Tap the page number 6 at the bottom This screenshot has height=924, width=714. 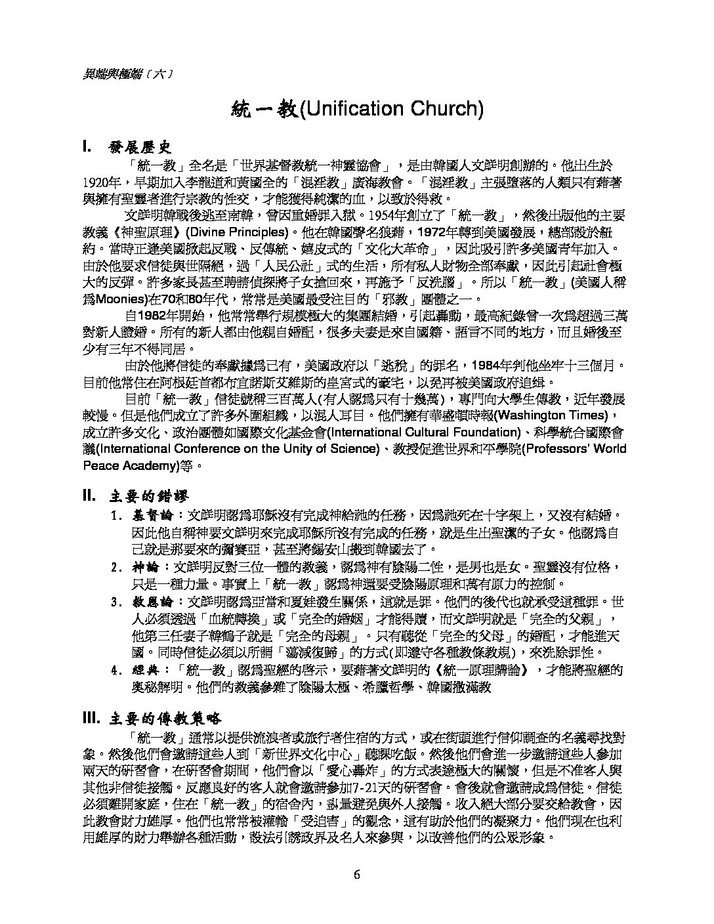click(x=357, y=874)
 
